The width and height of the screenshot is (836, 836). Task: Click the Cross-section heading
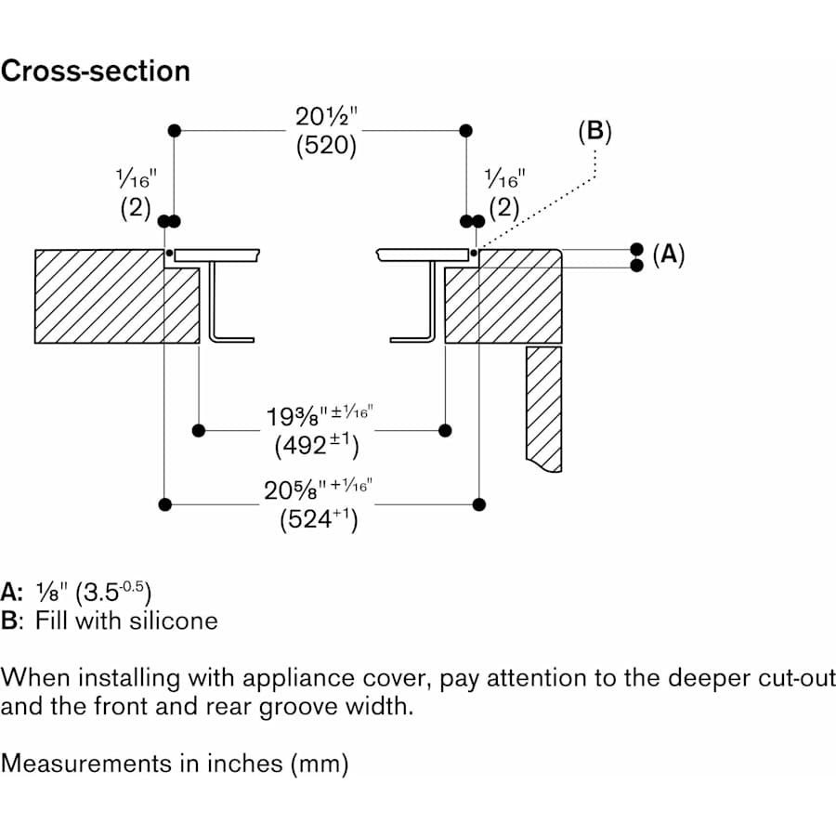tap(95, 72)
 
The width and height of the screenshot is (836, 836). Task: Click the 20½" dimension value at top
tap(326, 119)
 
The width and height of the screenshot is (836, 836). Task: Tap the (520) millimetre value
tap(326, 147)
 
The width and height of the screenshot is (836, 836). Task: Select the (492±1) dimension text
tap(317, 445)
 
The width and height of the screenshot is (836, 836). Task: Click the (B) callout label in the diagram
tap(594, 132)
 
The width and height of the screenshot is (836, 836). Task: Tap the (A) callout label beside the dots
tap(668, 255)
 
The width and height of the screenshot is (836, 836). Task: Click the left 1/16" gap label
tap(136, 178)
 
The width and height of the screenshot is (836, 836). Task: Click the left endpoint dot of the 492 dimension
tap(198, 430)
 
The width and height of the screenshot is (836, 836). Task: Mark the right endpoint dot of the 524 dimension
tap(478, 504)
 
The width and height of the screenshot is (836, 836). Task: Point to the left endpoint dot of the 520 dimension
tap(174, 131)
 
